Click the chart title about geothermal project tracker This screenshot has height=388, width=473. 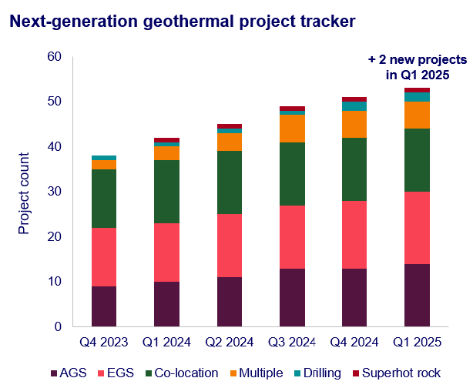point(182,22)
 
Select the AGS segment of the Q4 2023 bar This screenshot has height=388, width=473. point(104,306)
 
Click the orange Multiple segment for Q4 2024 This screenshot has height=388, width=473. point(354,124)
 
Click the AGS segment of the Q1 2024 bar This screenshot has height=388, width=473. point(167,304)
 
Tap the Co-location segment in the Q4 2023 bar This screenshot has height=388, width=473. point(104,199)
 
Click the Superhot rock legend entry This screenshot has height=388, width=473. point(400,373)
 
